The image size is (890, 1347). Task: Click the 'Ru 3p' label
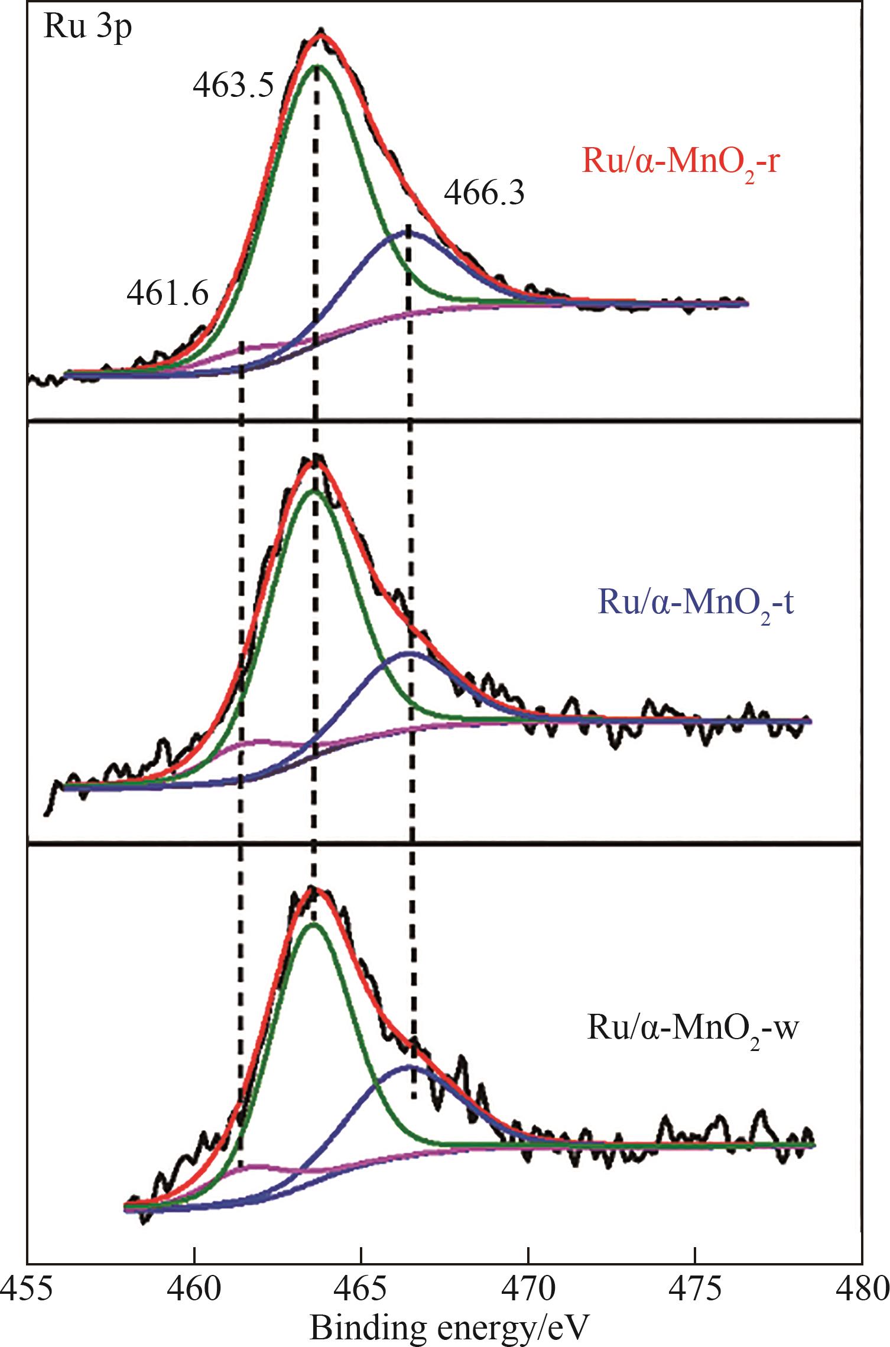pyautogui.click(x=87, y=28)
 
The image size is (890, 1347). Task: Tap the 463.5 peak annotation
pyautogui.click(x=233, y=86)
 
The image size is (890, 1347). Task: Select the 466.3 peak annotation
pyautogui.click(x=484, y=193)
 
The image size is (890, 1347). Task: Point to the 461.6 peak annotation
pyautogui.click(x=168, y=294)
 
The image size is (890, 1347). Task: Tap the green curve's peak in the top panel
pyautogui.click(x=317, y=65)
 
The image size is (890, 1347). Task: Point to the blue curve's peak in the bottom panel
pyautogui.click(x=408, y=1066)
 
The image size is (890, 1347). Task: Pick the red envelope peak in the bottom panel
pyautogui.click(x=311, y=889)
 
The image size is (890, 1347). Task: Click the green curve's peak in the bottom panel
pyautogui.click(x=313, y=923)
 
